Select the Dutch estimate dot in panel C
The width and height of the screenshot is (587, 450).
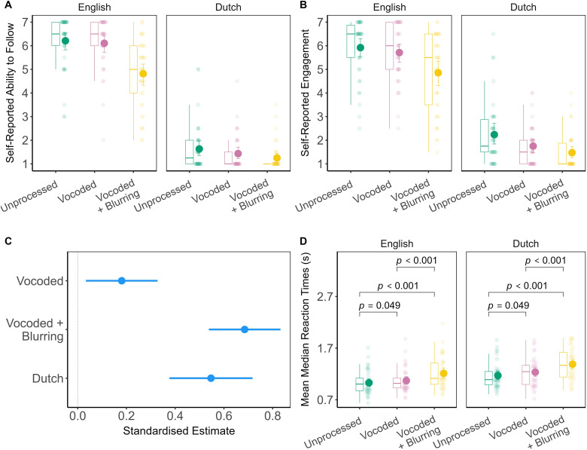pos(211,378)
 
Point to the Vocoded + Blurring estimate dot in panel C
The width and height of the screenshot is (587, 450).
pos(245,329)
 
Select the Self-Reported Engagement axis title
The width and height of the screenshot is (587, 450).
pos(303,92)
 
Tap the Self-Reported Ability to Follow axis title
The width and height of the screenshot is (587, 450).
pos(11,92)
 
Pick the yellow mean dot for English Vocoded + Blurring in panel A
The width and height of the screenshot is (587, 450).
pos(143,74)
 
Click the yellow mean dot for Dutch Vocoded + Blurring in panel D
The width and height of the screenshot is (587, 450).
pos(572,364)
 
